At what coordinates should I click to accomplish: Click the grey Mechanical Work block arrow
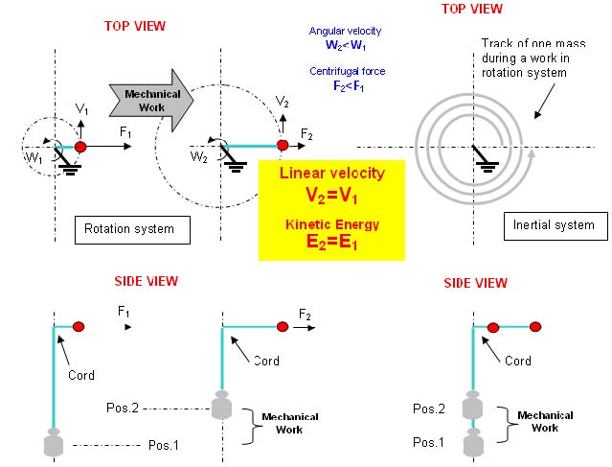[151, 101]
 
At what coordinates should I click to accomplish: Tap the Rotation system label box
[132, 230]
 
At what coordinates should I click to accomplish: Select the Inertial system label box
[555, 226]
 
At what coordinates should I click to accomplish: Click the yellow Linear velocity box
[331, 210]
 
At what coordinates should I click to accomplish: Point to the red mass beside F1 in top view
[80, 147]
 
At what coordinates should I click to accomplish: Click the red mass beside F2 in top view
[283, 146]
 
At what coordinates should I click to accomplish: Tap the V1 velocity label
[81, 109]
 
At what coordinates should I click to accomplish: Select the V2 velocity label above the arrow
[283, 102]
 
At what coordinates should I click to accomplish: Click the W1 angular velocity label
[34, 158]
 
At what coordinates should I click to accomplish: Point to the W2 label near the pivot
[198, 157]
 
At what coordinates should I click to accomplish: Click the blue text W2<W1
[346, 45]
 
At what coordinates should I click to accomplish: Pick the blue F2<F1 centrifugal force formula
[349, 86]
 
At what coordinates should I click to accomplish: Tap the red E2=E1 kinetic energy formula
[331, 242]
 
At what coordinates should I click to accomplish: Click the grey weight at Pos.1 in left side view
[54, 442]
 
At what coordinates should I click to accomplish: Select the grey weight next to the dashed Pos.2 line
[221, 405]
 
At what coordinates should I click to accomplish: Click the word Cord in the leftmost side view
[81, 375]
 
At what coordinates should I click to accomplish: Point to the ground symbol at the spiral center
[485, 159]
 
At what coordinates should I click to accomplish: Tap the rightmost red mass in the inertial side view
[535, 326]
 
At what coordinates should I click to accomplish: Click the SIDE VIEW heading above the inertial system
[475, 283]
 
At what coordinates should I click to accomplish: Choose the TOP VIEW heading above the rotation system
[135, 26]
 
